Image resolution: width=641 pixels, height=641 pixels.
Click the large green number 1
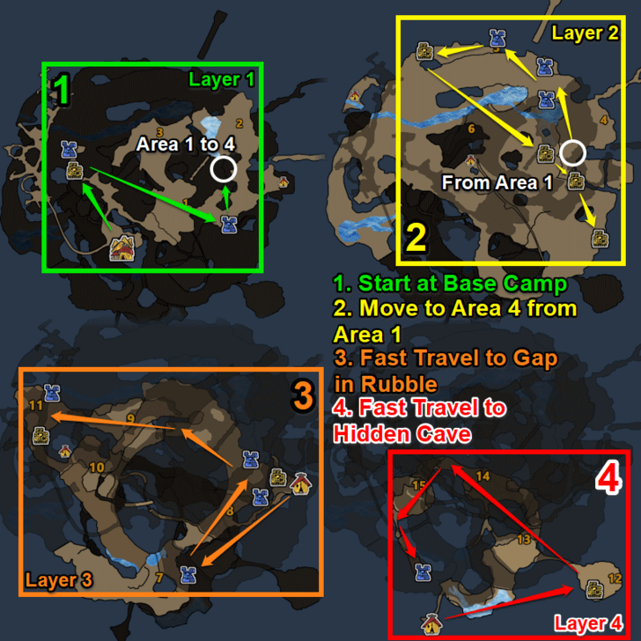61,88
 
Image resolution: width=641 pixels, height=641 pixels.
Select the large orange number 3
302,397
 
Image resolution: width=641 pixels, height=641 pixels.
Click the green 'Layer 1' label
221,79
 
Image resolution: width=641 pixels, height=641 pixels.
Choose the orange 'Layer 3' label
58,580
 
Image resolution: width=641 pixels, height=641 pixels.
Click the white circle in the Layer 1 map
224,168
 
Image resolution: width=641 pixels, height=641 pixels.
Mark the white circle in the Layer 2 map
573,152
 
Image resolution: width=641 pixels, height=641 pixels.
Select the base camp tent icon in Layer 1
121,249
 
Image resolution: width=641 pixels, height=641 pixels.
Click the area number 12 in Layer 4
614,578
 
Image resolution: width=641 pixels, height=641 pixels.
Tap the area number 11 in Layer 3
35,406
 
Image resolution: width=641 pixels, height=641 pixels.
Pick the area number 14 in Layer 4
483,476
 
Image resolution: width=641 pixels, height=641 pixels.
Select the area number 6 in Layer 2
471,129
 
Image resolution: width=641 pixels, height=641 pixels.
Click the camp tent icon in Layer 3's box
300,483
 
